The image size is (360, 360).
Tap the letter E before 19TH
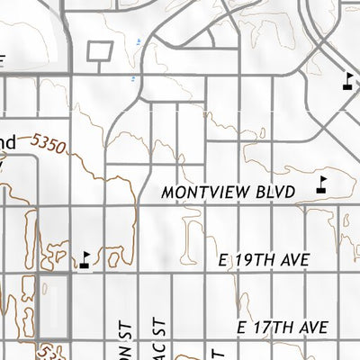(226, 260)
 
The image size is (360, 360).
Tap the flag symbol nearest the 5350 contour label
(84, 259)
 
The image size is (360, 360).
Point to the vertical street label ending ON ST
(123, 337)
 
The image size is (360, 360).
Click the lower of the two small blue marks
(132, 78)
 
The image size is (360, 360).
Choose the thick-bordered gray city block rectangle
(54, 301)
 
